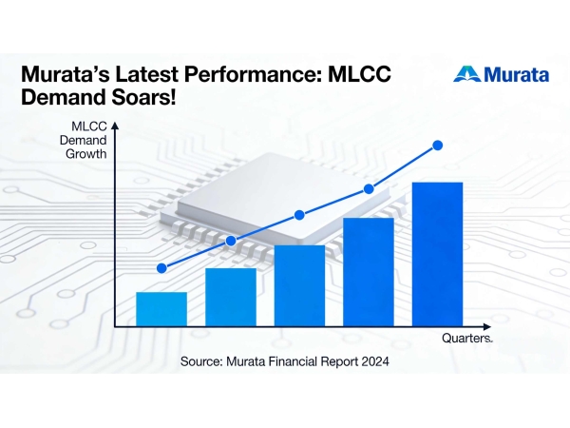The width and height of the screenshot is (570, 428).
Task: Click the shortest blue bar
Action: tap(161, 308)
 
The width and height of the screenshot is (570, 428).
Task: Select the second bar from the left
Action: tap(231, 297)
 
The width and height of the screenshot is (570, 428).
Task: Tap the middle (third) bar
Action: tap(299, 285)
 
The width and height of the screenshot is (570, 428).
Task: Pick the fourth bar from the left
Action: tap(369, 271)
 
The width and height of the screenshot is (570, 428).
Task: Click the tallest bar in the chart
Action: tap(437, 253)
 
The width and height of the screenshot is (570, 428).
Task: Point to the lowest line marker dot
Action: tap(162, 268)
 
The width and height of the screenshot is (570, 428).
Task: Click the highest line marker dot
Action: tap(438, 145)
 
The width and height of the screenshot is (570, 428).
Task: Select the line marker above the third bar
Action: tap(299, 215)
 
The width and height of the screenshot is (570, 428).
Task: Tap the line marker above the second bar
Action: tap(231, 241)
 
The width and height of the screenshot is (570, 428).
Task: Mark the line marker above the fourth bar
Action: tap(369, 190)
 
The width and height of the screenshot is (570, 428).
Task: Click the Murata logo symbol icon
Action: tap(465, 74)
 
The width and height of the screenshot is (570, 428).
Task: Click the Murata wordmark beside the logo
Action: tap(515, 73)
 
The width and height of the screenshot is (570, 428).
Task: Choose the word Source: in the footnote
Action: tap(202, 362)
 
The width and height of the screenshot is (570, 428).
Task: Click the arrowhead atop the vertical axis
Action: tap(114, 124)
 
